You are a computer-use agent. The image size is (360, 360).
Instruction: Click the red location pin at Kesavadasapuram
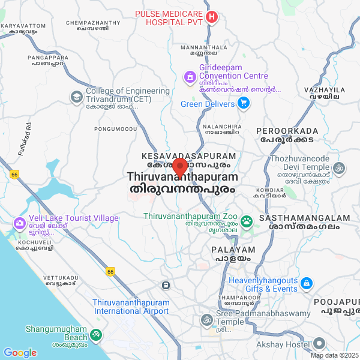coord(180,166)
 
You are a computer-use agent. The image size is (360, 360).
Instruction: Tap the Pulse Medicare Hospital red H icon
coord(211,17)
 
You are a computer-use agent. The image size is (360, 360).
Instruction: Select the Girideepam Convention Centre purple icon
coord(190,76)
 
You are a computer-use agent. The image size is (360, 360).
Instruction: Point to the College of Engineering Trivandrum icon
coord(76,96)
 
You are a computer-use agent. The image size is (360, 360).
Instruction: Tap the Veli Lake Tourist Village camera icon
coord(19,223)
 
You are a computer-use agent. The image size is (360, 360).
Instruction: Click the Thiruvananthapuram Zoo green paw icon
coord(247,221)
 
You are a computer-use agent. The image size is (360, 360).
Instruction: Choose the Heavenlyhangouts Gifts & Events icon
coord(306,283)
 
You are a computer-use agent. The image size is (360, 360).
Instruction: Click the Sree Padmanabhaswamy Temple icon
coord(206,319)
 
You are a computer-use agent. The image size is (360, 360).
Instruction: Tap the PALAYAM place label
coord(233,250)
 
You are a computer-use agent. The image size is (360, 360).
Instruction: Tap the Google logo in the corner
coord(20,353)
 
